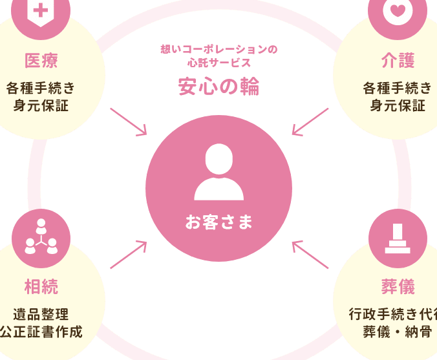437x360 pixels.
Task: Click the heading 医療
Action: [41, 61]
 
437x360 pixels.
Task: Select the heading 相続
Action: [41, 286]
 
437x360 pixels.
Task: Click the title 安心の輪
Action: [218, 87]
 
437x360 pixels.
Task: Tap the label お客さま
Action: [218, 223]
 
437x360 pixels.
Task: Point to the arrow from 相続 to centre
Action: [129, 255]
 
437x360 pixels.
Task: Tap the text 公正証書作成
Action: [41, 333]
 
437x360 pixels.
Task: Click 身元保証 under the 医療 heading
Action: [41, 105]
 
